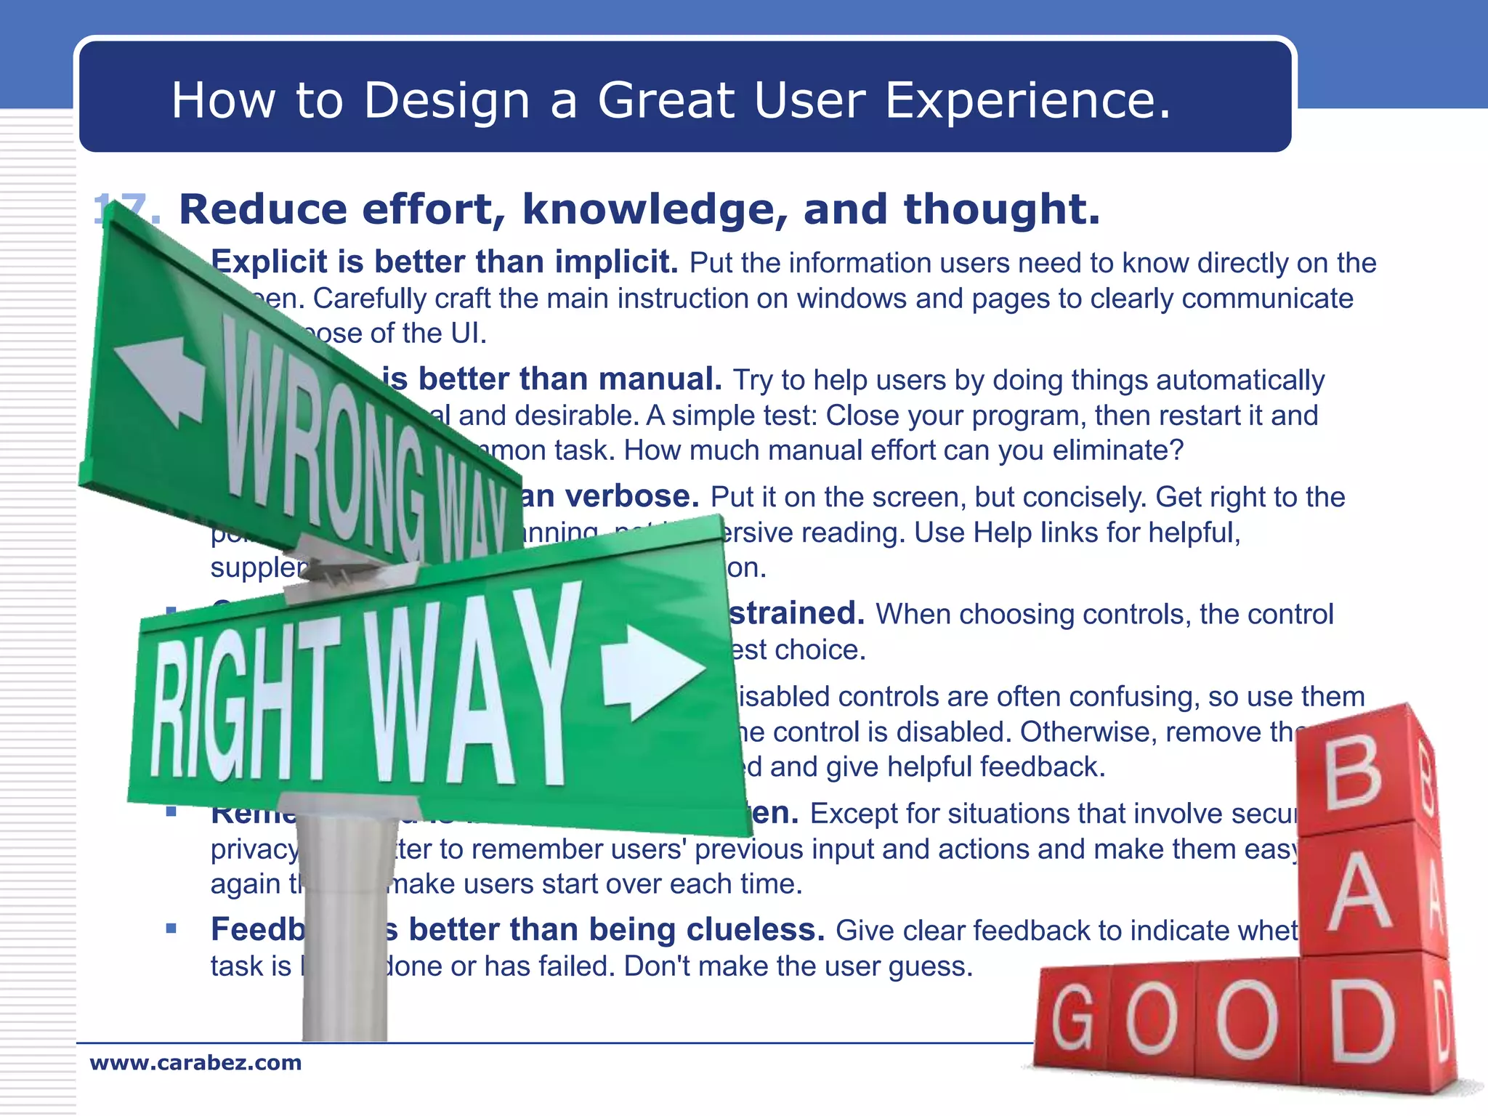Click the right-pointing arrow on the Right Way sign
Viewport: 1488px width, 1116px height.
pos(651,672)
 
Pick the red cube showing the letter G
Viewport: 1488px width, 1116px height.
pos(1072,1017)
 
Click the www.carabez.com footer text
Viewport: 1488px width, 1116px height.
pos(195,1062)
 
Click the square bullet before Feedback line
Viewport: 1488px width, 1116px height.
pos(171,928)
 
